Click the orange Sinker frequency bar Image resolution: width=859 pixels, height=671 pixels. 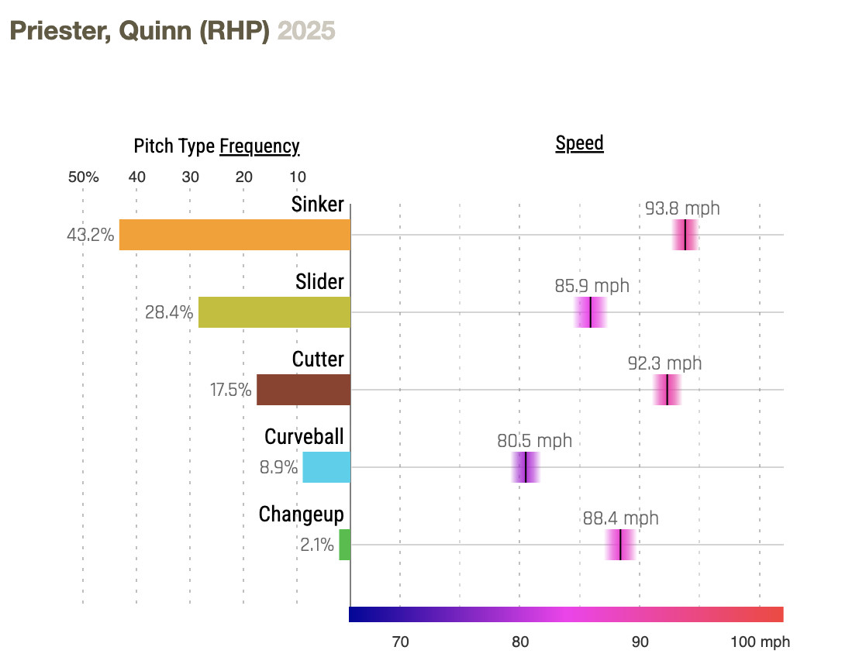point(234,235)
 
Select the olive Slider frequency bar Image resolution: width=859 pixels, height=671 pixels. point(274,312)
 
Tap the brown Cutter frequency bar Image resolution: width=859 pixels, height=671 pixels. point(303,390)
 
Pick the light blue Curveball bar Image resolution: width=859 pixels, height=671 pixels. point(326,467)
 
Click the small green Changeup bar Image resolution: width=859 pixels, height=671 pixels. point(344,545)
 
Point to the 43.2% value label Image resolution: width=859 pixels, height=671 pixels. point(91,234)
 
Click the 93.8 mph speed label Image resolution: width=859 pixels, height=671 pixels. point(682,208)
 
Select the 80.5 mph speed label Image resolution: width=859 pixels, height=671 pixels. point(534,441)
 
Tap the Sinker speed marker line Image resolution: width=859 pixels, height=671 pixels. point(685,235)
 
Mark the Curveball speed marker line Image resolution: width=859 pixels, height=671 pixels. point(526,467)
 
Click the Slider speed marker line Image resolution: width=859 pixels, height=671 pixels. point(591,312)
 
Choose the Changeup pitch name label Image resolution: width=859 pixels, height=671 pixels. point(301,514)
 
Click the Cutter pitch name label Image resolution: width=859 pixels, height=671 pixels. point(318,359)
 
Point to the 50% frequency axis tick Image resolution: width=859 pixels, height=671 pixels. point(83,177)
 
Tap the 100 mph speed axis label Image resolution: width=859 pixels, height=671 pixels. point(759,642)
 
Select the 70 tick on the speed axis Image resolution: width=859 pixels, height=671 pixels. point(400,642)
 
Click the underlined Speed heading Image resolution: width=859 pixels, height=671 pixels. point(579,143)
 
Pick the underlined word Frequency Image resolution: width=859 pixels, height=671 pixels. point(259,146)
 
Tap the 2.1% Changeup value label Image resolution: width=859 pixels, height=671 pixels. point(317,545)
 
